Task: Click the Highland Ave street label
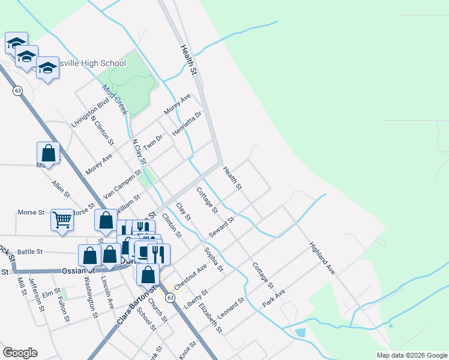322,259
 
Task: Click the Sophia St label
213,259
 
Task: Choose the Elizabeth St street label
211,318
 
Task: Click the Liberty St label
196,298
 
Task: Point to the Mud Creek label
114,100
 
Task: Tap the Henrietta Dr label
187,123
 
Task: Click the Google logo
20,353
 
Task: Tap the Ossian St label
74,271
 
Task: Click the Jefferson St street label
41,296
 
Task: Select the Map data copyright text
411,355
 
